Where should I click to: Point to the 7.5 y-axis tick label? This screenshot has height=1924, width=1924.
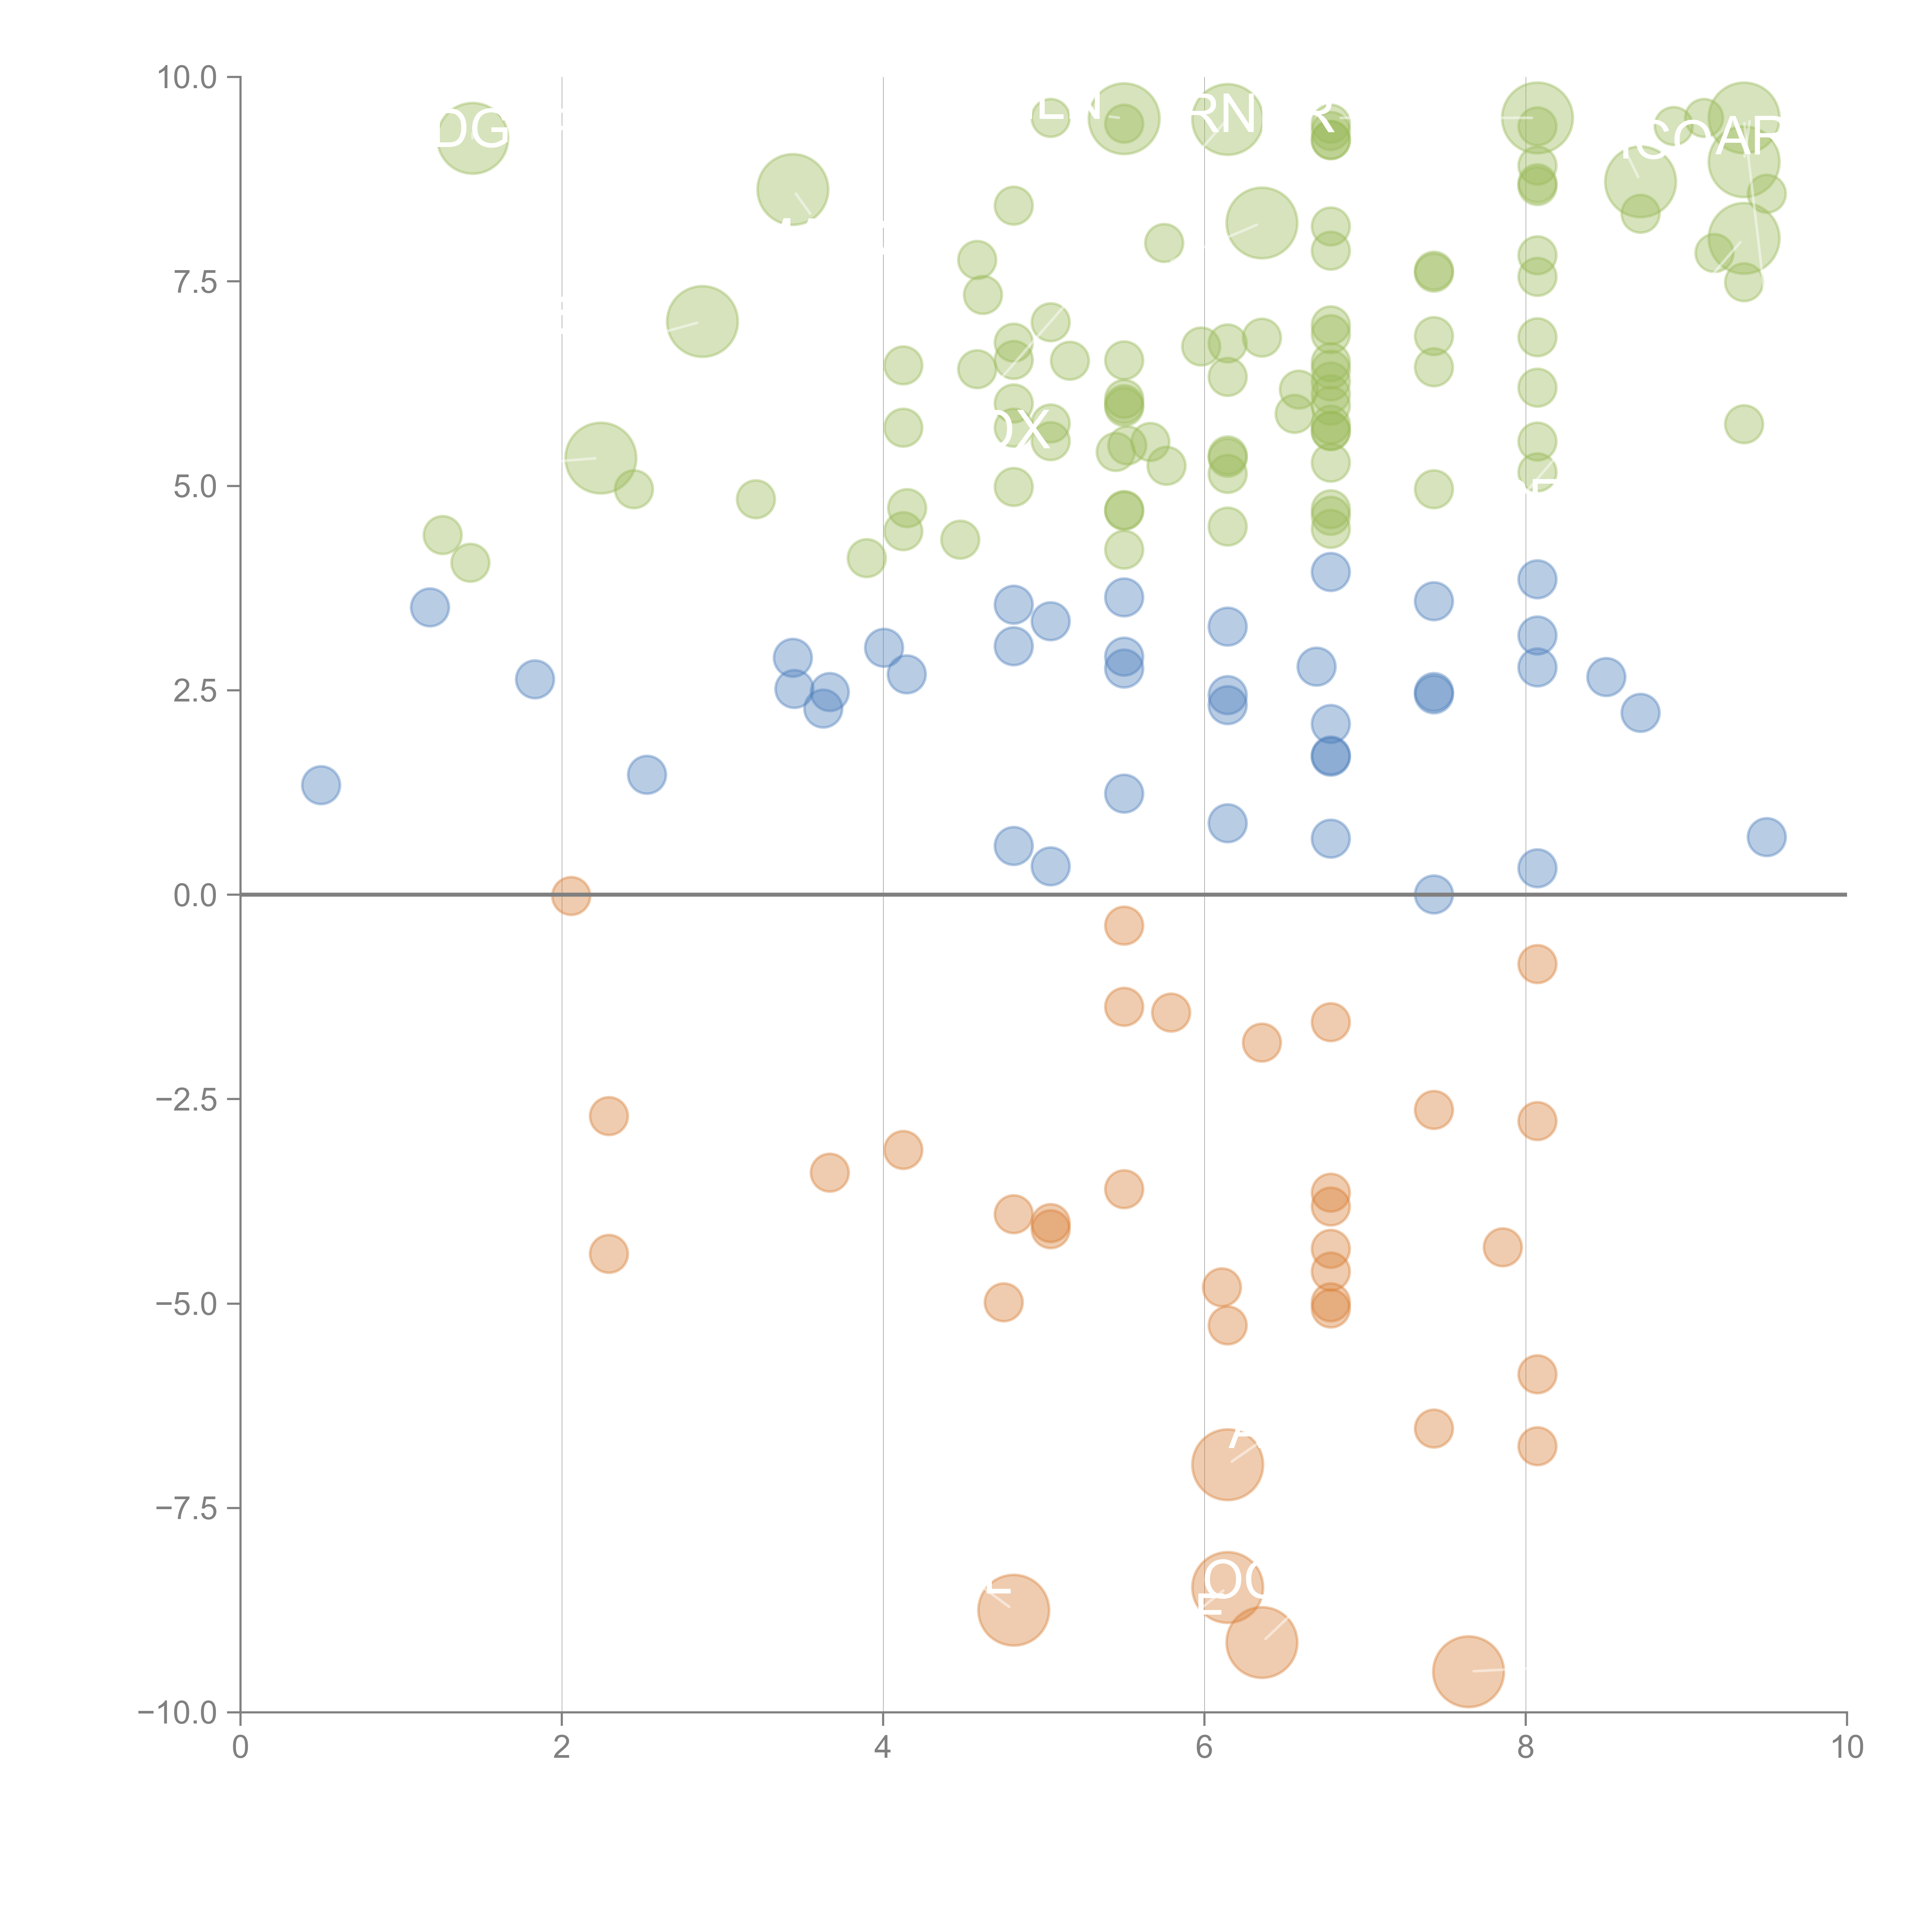[x=194, y=282]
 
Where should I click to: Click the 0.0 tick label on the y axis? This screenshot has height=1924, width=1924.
[x=194, y=895]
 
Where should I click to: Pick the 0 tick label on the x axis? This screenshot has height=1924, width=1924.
[x=240, y=1748]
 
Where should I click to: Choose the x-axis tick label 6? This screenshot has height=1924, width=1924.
[x=1204, y=1748]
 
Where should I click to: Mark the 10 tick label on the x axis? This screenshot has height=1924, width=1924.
[x=1846, y=1748]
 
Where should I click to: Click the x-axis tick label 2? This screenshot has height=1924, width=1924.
[x=562, y=1748]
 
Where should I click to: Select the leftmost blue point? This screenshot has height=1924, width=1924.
[x=321, y=785]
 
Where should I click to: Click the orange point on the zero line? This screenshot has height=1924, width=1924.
[x=571, y=895]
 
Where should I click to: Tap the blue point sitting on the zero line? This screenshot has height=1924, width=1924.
[x=1433, y=894]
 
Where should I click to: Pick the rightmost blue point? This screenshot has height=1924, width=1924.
[x=1766, y=837]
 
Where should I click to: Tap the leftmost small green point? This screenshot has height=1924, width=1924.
[x=442, y=535]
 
